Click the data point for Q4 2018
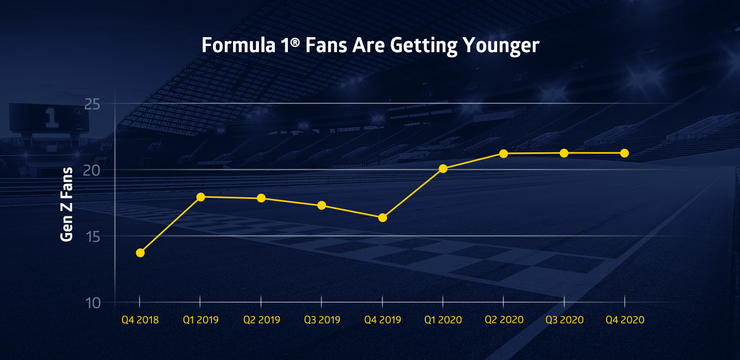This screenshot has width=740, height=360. click(x=140, y=253)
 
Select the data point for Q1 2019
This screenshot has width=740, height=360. click(x=201, y=197)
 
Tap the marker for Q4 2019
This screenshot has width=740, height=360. click(x=382, y=217)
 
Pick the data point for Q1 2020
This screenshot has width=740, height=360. click(x=443, y=168)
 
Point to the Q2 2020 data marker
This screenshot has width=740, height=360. click(x=503, y=153)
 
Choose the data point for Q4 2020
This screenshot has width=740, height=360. click(x=624, y=153)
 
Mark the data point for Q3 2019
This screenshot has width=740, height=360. click(x=321, y=205)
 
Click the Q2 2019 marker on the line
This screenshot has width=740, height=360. click(x=261, y=198)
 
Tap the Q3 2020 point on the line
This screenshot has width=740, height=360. click(x=564, y=153)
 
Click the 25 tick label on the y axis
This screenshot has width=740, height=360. click(x=92, y=104)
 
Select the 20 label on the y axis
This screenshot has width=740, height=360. click(x=92, y=170)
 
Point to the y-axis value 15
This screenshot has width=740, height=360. click(x=92, y=237)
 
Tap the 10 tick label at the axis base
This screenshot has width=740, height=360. click(x=92, y=302)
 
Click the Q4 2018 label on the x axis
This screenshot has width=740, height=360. click(x=140, y=320)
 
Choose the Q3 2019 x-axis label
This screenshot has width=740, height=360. click(x=321, y=320)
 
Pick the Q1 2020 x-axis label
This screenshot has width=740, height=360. click(x=443, y=320)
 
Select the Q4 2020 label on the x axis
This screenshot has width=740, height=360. click(x=625, y=320)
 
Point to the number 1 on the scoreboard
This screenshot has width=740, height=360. click(x=51, y=118)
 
